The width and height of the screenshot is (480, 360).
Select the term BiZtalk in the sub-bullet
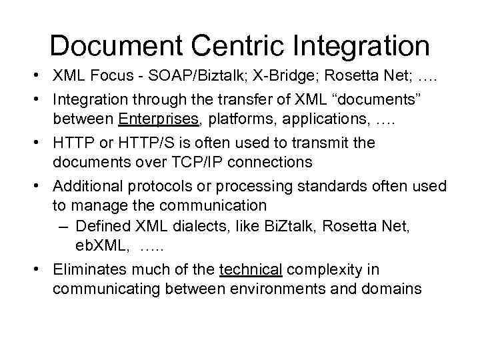click(x=291, y=227)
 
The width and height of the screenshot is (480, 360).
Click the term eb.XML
click(x=101, y=246)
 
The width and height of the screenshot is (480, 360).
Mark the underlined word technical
click(x=251, y=269)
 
